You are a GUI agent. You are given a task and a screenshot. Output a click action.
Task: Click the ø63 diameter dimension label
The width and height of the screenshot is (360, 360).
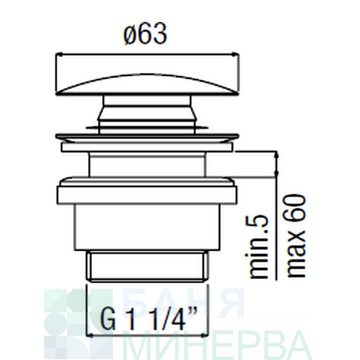click(x=145, y=34)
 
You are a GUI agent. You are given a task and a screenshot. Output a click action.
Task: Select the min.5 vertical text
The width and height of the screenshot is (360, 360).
click(x=259, y=247)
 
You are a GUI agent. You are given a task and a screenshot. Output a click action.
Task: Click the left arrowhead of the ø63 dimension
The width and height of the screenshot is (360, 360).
click(x=59, y=55)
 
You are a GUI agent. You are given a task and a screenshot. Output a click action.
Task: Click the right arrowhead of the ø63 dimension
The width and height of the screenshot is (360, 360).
click(x=236, y=55)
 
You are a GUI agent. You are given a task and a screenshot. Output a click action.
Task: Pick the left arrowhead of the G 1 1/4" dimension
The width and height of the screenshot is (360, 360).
click(x=89, y=335)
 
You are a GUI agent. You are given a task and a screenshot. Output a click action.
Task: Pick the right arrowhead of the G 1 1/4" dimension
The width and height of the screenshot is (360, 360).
click(x=205, y=335)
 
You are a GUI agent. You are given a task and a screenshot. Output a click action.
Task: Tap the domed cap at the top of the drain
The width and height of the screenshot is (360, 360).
click(x=148, y=85)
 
